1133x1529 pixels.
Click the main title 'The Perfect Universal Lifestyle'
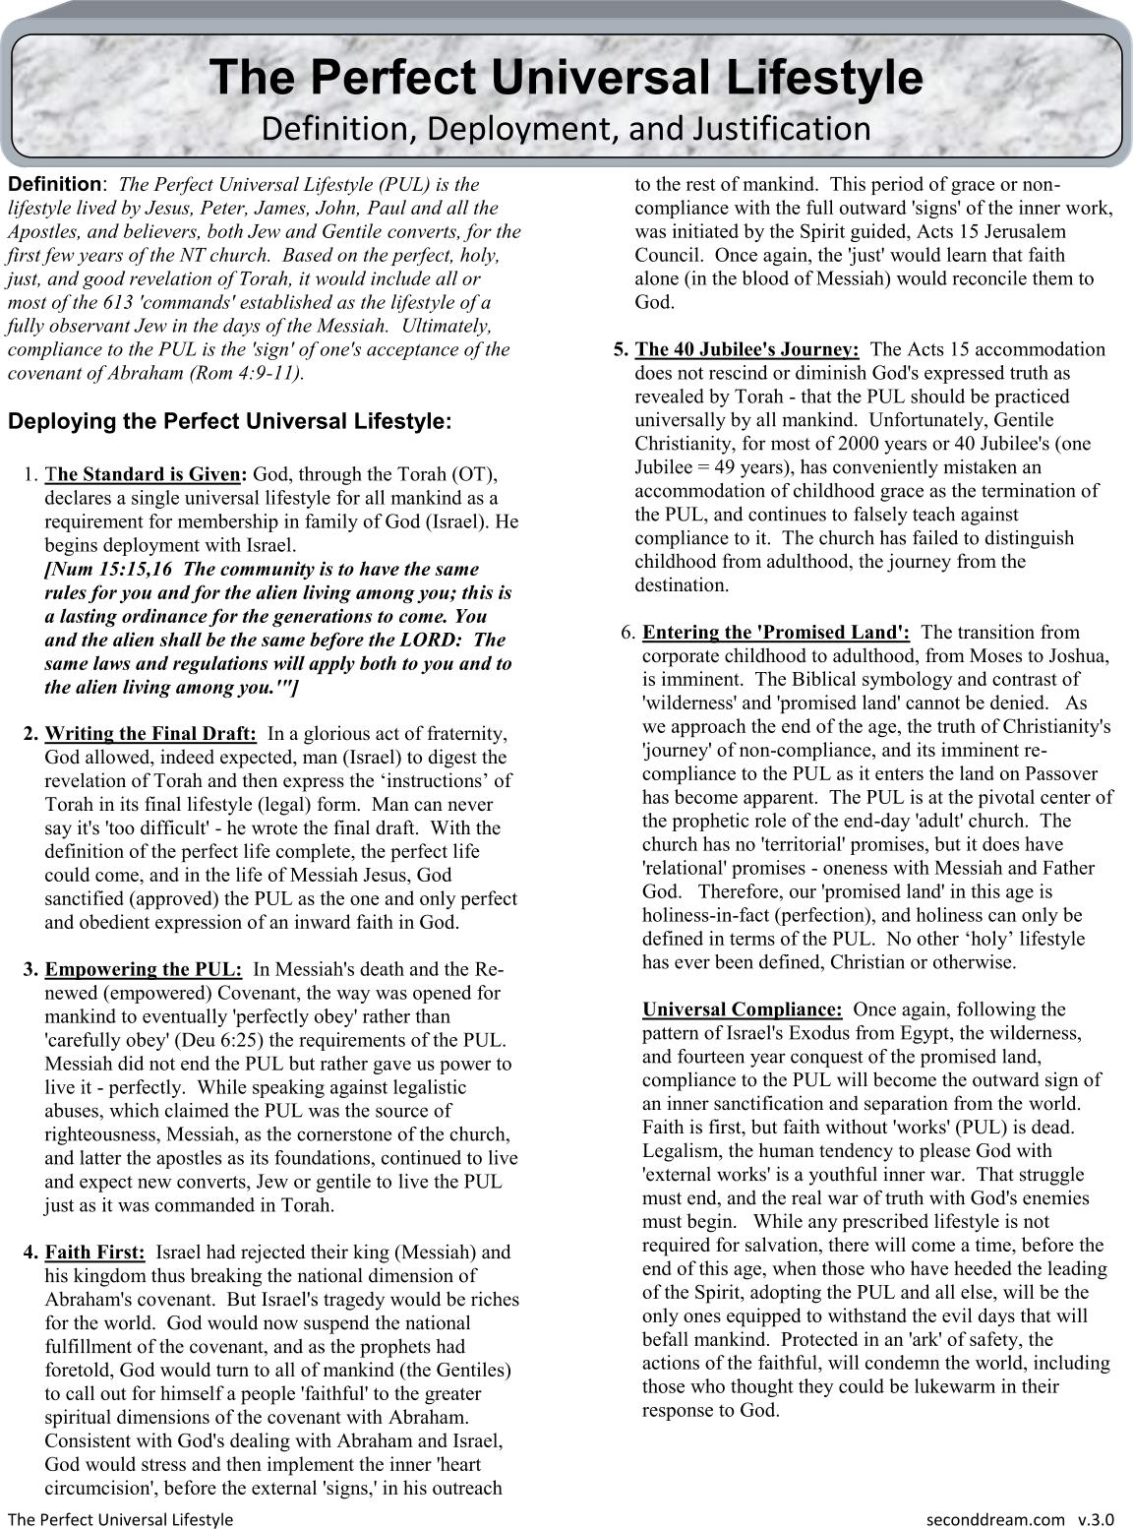pyautogui.click(x=566, y=78)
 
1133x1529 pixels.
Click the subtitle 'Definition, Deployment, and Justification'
pyautogui.click(x=566, y=129)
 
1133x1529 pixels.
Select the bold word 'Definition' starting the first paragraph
pyautogui.click(x=55, y=184)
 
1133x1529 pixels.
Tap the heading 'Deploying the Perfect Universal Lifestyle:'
pyautogui.click(x=230, y=422)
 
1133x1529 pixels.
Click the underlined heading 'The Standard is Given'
pyautogui.click(x=145, y=474)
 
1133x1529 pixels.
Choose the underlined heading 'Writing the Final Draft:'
pyautogui.click(x=151, y=734)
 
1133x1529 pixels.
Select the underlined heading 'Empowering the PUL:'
pyautogui.click(x=144, y=969)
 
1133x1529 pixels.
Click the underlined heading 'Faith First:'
pyautogui.click(x=95, y=1253)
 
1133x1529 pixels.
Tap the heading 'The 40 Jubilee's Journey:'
pyautogui.click(x=747, y=349)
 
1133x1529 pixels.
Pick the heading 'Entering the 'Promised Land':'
pyautogui.click(x=776, y=633)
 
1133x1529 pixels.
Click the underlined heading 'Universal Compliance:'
pyautogui.click(x=743, y=1009)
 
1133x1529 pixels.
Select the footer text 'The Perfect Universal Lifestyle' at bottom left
pyautogui.click(x=121, y=1518)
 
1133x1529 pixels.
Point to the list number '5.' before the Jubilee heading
pyautogui.click(x=621, y=349)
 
